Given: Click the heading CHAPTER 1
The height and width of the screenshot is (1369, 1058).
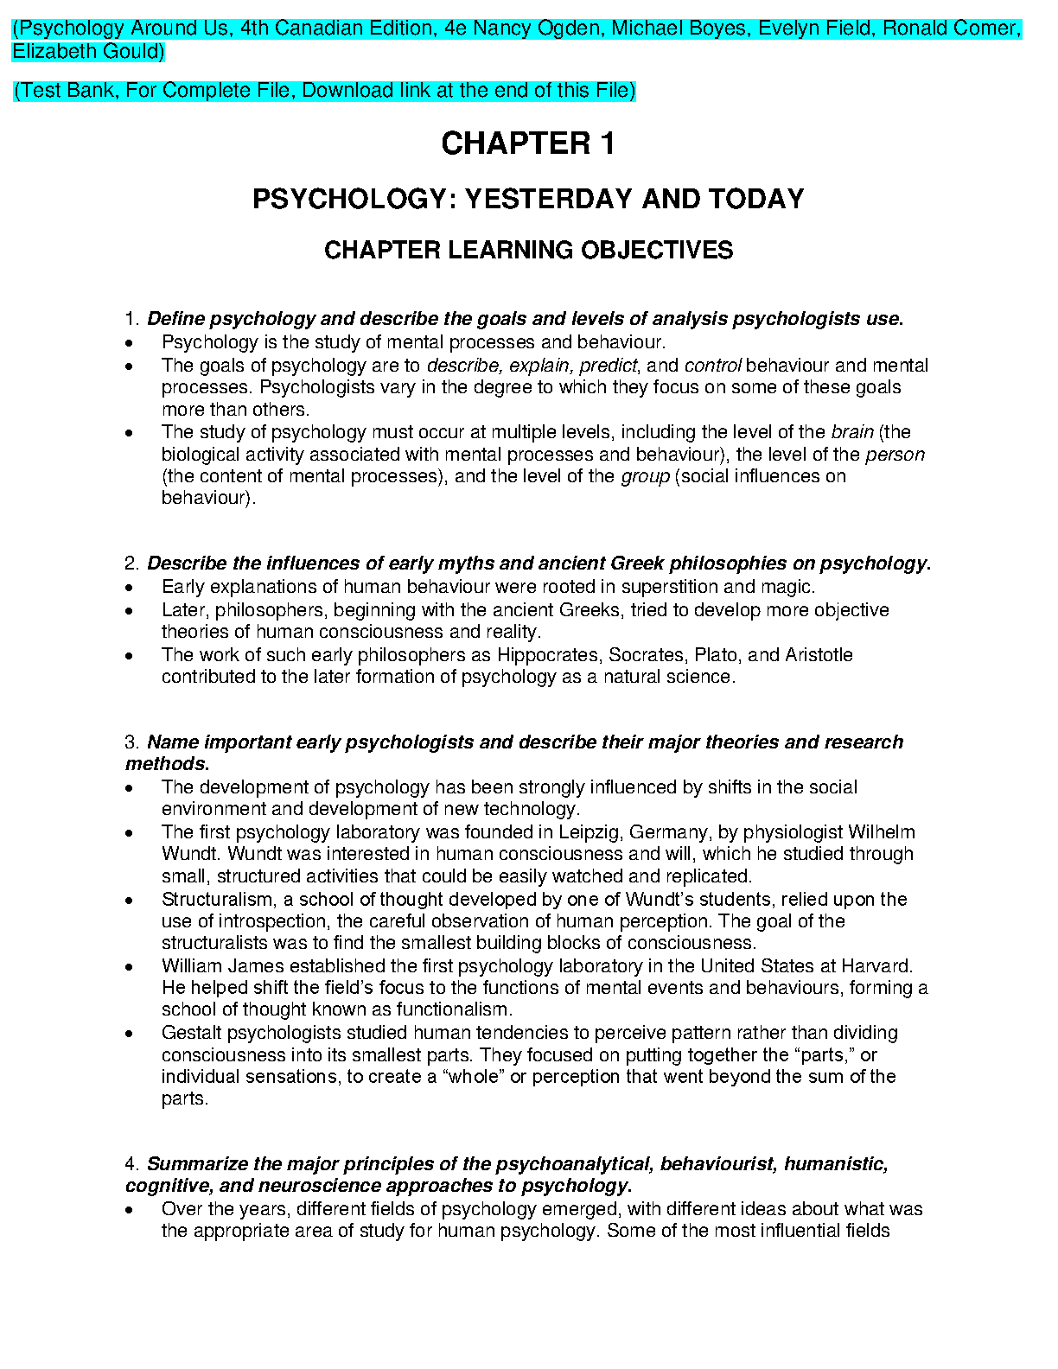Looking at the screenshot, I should (x=528, y=143).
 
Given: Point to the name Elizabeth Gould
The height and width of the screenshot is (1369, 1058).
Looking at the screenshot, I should (x=88, y=51).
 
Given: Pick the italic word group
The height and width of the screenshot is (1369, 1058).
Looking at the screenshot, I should (x=645, y=476).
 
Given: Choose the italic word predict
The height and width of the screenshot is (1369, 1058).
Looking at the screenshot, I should (x=608, y=366).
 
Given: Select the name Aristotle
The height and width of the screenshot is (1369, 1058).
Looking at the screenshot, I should (x=819, y=655).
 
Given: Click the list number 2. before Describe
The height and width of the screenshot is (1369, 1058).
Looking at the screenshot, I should (x=132, y=564).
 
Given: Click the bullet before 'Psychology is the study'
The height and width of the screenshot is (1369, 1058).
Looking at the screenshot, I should (x=129, y=343).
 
